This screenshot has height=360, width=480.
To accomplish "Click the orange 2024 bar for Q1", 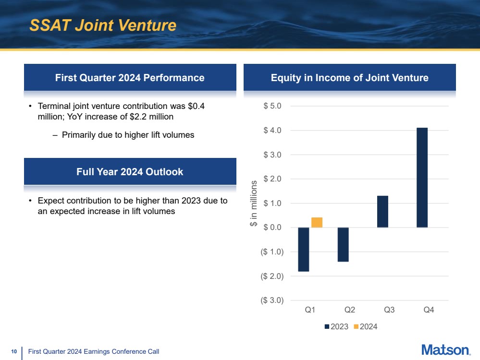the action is [x=317, y=222].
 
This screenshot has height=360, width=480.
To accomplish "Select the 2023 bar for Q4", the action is [x=422, y=178].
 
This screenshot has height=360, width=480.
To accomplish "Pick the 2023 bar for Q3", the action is [x=382, y=212].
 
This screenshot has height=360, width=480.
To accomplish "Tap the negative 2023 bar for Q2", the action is [x=343, y=245].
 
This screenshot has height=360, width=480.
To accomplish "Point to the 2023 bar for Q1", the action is [x=304, y=250].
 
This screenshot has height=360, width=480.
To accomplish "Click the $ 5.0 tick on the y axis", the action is [x=272, y=106].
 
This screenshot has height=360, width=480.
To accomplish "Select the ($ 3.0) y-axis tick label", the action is [x=272, y=300].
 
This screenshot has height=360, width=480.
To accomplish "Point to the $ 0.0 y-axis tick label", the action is [x=272, y=227].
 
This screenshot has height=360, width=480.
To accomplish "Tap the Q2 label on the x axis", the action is [x=350, y=310].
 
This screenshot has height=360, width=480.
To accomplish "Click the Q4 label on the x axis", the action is [x=429, y=310].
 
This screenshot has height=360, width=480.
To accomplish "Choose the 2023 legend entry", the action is [x=336, y=327].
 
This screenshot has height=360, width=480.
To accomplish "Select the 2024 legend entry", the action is [x=366, y=327].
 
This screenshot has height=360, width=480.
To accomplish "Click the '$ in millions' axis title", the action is [x=254, y=204].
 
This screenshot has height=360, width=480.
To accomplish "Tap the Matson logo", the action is [x=446, y=350].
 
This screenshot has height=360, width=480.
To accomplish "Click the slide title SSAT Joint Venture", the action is [x=103, y=25].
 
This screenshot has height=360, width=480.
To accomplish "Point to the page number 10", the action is [x=14, y=351].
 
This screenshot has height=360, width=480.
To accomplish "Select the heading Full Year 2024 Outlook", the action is [x=130, y=171].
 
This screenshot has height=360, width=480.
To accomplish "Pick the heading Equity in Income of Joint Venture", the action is [x=350, y=78].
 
